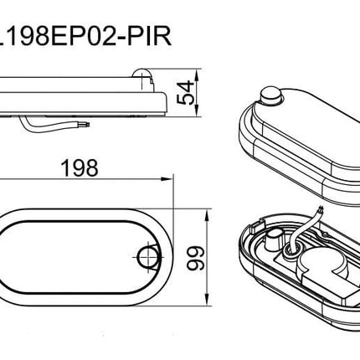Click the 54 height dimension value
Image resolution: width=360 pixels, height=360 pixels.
(x=186, y=93)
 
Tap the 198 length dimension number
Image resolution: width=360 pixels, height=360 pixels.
(x=80, y=167)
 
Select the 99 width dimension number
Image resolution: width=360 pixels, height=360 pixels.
(x=195, y=258)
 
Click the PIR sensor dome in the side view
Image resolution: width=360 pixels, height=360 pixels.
(x=142, y=75)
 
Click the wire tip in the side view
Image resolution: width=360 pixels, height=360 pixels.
(x=87, y=123)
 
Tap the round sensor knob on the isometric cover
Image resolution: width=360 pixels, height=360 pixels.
(x=270, y=96)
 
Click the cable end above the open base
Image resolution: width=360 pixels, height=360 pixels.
(x=320, y=209)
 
